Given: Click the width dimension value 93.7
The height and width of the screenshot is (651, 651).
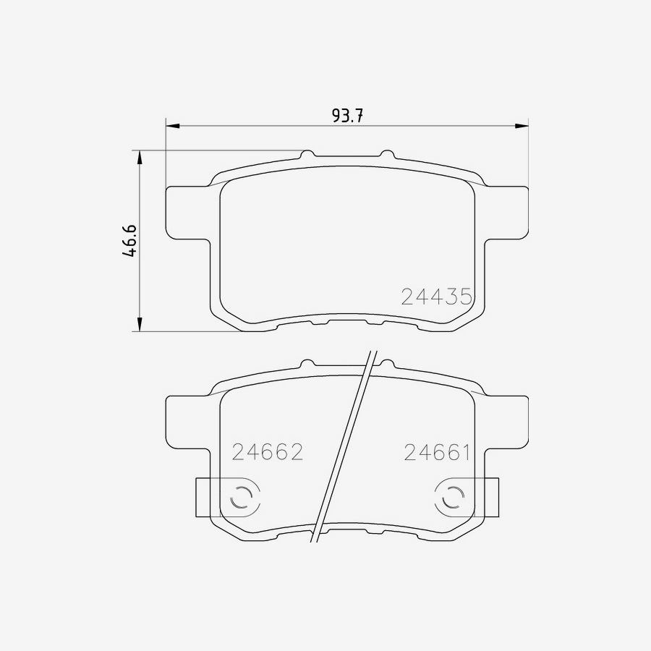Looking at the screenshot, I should (x=346, y=115).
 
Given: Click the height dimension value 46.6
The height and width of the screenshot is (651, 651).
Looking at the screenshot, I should (x=129, y=241).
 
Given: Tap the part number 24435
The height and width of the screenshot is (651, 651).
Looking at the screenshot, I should (x=436, y=296).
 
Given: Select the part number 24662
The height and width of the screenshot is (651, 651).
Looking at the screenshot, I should (x=267, y=452).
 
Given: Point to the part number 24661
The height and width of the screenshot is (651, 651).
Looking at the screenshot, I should (x=437, y=453).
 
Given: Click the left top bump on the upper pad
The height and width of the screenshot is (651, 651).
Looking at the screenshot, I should (x=307, y=154).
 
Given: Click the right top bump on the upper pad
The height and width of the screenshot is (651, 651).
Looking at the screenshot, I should (x=387, y=154).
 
